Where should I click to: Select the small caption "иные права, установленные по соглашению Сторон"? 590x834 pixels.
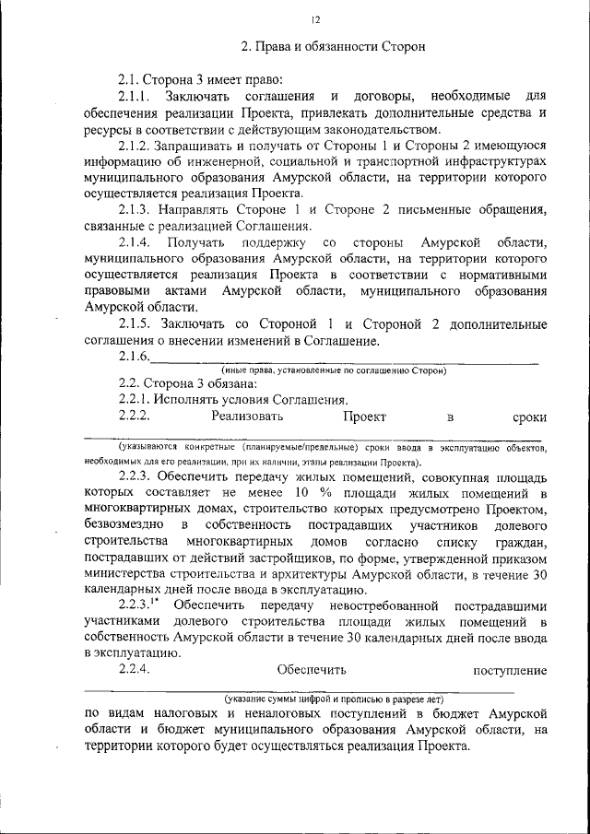(x=333, y=370)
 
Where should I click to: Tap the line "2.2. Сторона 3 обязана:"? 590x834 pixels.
(x=181, y=383)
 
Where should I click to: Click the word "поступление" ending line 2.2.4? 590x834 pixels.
(x=510, y=671)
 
